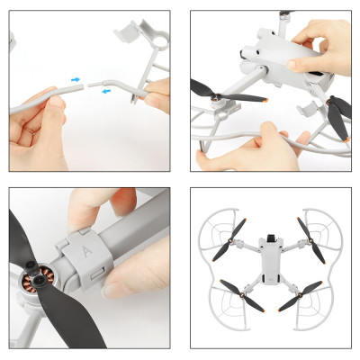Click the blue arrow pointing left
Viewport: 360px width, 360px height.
(x=106, y=89)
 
